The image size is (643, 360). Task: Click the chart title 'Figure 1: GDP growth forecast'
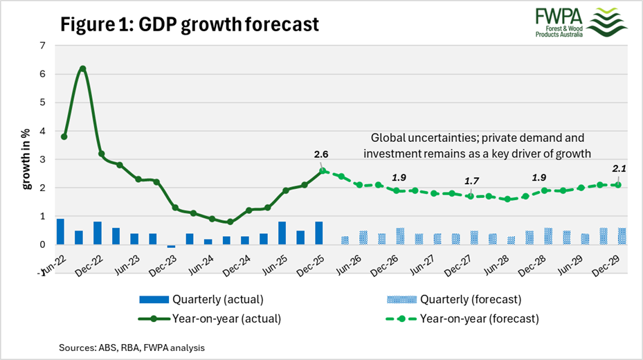click(x=190, y=24)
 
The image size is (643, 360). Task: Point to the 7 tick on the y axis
click(x=42, y=46)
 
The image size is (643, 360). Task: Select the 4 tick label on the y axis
click(x=42, y=131)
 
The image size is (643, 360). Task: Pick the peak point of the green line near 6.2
click(x=82, y=69)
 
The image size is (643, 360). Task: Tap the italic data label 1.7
click(x=471, y=181)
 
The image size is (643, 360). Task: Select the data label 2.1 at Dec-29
click(x=618, y=168)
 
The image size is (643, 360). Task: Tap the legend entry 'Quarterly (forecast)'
click(x=471, y=299)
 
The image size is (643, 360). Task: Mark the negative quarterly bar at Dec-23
click(x=172, y=246)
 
